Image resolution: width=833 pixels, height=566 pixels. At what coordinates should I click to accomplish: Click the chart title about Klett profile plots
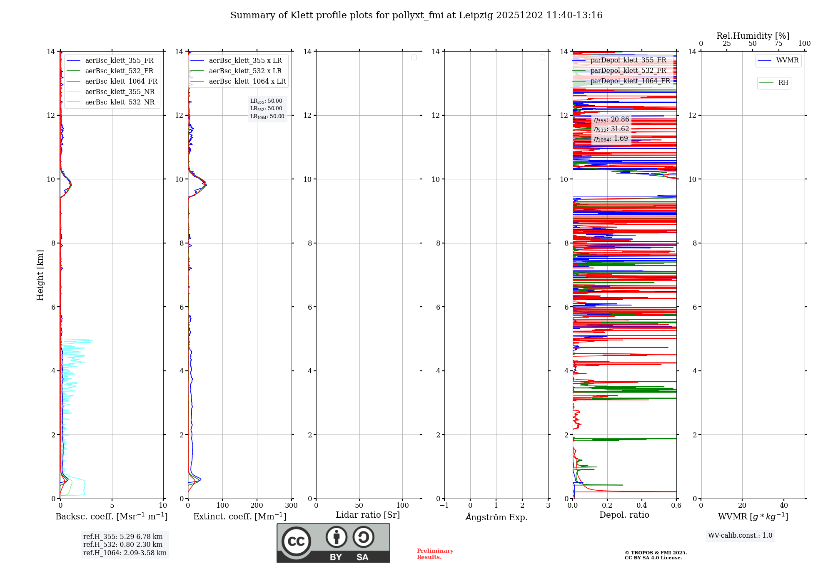(x=416, y=15)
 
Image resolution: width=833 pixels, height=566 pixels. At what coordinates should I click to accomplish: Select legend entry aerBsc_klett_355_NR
(x=120, y=92)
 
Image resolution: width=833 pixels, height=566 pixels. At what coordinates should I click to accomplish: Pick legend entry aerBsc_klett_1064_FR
(x=121, y=82)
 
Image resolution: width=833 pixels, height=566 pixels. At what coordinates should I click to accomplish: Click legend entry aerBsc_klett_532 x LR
(x=245, y=71)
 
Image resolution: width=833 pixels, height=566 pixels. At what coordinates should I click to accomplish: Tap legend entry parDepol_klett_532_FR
(x=628, y=71)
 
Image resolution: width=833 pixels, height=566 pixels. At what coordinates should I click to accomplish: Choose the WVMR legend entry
(x=787, y=60)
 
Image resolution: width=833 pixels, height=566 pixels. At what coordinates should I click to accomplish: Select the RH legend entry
(x=783, y=83)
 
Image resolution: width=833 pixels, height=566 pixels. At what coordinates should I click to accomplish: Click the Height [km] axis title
(x=40, y=275)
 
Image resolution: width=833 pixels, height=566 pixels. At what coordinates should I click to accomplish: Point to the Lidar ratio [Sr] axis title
(x=367, y=515)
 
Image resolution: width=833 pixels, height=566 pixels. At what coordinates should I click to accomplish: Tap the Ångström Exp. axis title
(x=496, y=517)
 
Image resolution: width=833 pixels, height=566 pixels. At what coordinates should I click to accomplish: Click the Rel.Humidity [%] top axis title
(x=753, y=36)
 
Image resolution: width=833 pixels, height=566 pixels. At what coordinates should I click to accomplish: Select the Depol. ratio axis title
(x=624, y=515)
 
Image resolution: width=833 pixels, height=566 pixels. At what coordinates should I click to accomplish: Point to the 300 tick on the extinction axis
(x=291, y=505)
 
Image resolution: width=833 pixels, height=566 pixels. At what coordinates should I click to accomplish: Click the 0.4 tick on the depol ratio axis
(x=641, y=505)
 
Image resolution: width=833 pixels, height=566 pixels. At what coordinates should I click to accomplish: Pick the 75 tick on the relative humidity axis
(x=778, y=44)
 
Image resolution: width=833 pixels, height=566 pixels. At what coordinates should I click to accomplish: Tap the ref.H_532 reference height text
(x=123, y=545)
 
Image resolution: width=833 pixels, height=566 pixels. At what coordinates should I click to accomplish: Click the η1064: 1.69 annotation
(x=611, y=139)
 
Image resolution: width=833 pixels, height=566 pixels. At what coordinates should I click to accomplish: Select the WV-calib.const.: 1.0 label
(x=740, y=536)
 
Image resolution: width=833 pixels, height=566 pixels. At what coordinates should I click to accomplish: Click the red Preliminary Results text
(x=435, y=554)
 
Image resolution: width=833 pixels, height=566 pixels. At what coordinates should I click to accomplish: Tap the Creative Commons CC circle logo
(x=296, y=541)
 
